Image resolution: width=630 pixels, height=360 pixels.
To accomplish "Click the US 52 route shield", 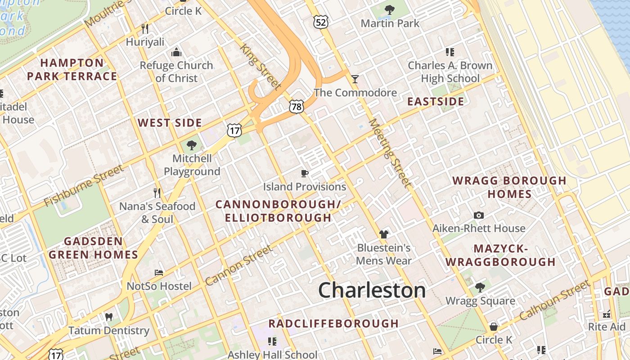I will tap(322, 22).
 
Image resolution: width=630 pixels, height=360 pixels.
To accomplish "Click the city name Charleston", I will tap(372, 290).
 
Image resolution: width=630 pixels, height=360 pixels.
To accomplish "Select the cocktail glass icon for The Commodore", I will tap(355, 79).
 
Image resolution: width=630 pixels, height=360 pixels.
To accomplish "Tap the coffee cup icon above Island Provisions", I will tap(305, 173).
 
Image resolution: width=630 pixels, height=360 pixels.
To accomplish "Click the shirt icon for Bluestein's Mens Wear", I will tap(384, 234).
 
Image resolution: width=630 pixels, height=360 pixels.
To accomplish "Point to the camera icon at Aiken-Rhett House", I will tap(479, 215).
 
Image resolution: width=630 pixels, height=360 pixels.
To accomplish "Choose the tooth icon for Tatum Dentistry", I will tap(108, 317).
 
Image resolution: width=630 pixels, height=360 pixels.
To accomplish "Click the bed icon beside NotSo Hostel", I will tap(159, 273).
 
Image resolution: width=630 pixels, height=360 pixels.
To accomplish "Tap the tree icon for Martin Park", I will tap(390, 9).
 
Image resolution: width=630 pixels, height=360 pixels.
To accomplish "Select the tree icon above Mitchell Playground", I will tap(192, 145).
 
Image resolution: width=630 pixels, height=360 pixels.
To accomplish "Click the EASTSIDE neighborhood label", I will tap(435, 102).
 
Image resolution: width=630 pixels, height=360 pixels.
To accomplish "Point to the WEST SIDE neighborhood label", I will tap(170, 123).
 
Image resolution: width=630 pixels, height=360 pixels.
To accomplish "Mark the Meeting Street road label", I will tap(390, 153).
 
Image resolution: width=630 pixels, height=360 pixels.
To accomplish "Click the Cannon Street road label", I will tap(238, 265).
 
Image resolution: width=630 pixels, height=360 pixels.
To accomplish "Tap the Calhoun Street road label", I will tap(554, 300).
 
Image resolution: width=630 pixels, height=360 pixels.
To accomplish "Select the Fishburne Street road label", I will tap(84, 185).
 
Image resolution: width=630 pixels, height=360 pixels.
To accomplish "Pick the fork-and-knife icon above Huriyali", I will tap(145, 29).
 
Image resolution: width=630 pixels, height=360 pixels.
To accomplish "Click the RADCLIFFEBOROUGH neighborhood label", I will tap(333, 324).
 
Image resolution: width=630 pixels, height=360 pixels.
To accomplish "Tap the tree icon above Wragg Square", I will tap(480, 287).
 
